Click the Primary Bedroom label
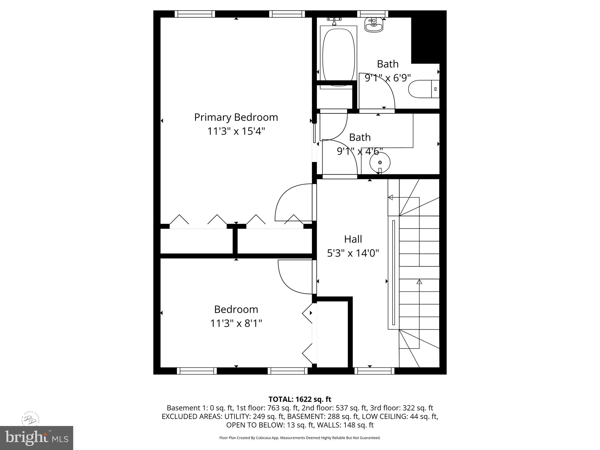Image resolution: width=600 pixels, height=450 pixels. [236, 117]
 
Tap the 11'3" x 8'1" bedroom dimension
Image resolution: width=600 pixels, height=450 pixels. [236, 324]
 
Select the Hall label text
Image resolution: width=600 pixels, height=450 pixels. [353, 239]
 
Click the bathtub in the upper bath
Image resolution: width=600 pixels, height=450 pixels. [338, 56]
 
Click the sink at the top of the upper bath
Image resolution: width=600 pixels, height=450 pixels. [374, 24]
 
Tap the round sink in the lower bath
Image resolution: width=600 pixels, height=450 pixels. [380, 163]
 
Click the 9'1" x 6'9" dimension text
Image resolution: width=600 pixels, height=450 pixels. [388, 78]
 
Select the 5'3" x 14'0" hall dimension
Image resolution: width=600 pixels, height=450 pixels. [353, 253]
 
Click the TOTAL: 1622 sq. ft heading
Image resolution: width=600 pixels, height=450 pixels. [300, 399]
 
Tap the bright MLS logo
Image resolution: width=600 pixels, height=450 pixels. [36, 437]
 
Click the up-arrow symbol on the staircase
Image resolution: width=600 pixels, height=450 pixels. [419, 282]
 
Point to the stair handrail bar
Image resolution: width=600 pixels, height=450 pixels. [393, 272]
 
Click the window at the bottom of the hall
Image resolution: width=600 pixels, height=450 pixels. [374, 371]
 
